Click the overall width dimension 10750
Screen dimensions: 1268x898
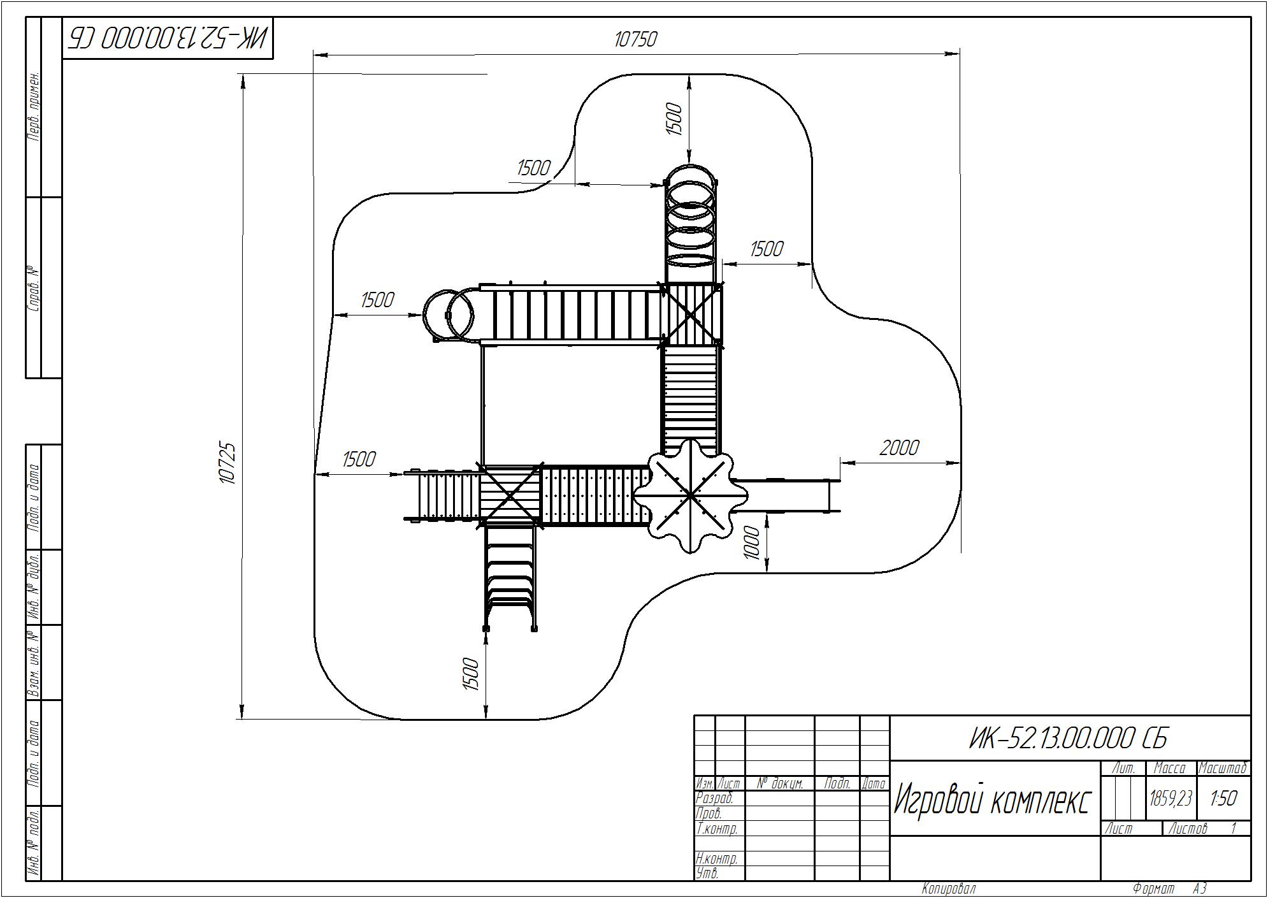pos(635,40)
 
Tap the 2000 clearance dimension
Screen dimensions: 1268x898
pos(899,448)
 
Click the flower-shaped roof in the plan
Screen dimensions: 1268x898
pos(691,495)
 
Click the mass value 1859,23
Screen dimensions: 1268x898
pos(1171,798)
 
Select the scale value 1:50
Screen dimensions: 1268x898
pos(1223,798)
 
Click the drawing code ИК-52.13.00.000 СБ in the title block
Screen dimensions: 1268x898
pos(1069,739)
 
